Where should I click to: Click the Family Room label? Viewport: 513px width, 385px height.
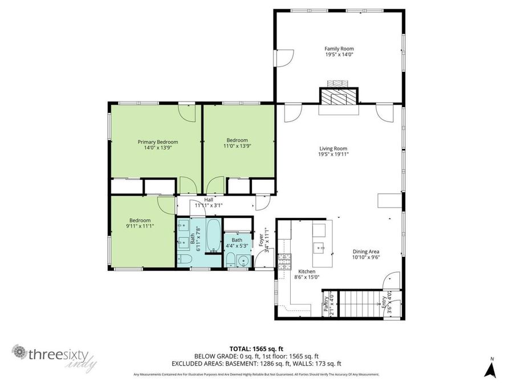pyautogui.click(x=339, y=49)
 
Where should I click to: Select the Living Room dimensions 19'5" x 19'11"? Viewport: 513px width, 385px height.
pyautogui.click(x=333, y=154)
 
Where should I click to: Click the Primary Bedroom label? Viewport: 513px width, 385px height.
pyautogui.click(x=158, y=142)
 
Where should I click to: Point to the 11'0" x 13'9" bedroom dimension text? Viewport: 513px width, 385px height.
pyautogui.click(x=237, y=146)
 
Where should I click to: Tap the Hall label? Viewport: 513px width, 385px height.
pyautogui.click(x=209, y=200)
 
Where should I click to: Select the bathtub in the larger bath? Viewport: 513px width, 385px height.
pyautogui.click(x=212, y=236)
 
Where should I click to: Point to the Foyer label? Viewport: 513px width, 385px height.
pyautogui.click(x=262, y=240)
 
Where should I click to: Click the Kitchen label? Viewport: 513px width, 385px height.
pyautogui.click(x=307, y=271)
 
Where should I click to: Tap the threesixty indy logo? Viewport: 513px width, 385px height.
pyautogui.click(x=56, y=356)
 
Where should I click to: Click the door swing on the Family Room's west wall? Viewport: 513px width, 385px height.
pyautogui.click(x=287, y=57)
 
